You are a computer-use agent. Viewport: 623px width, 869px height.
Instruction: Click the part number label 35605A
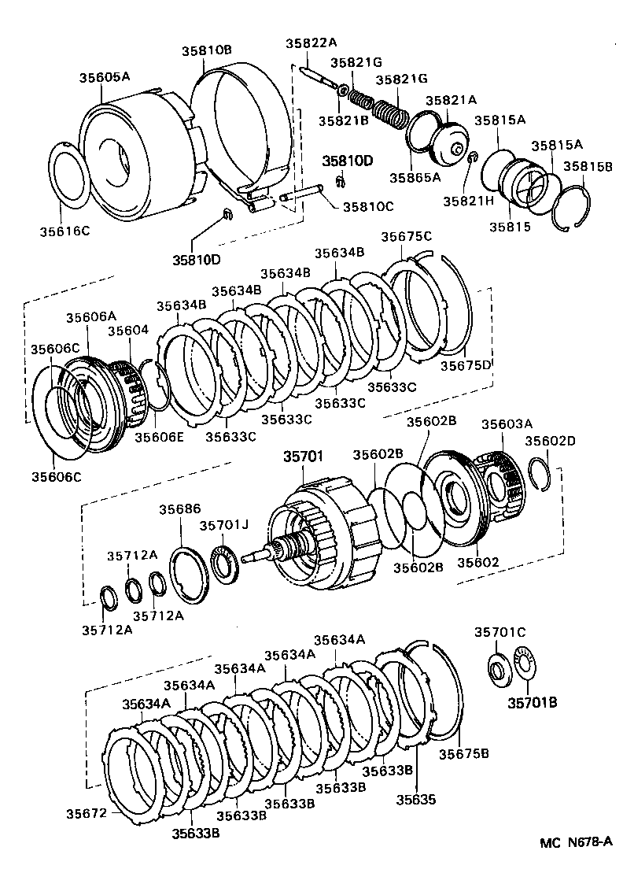point(104,77)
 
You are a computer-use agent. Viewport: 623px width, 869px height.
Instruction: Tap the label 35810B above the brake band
point(207,50)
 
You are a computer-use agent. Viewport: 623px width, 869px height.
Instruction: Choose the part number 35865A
point(415,177)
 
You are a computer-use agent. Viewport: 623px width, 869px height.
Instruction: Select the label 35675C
point(406,236)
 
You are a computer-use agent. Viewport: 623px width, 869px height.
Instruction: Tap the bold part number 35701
point(304,456)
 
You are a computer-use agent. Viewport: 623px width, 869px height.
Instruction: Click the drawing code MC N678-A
point(575,842)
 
